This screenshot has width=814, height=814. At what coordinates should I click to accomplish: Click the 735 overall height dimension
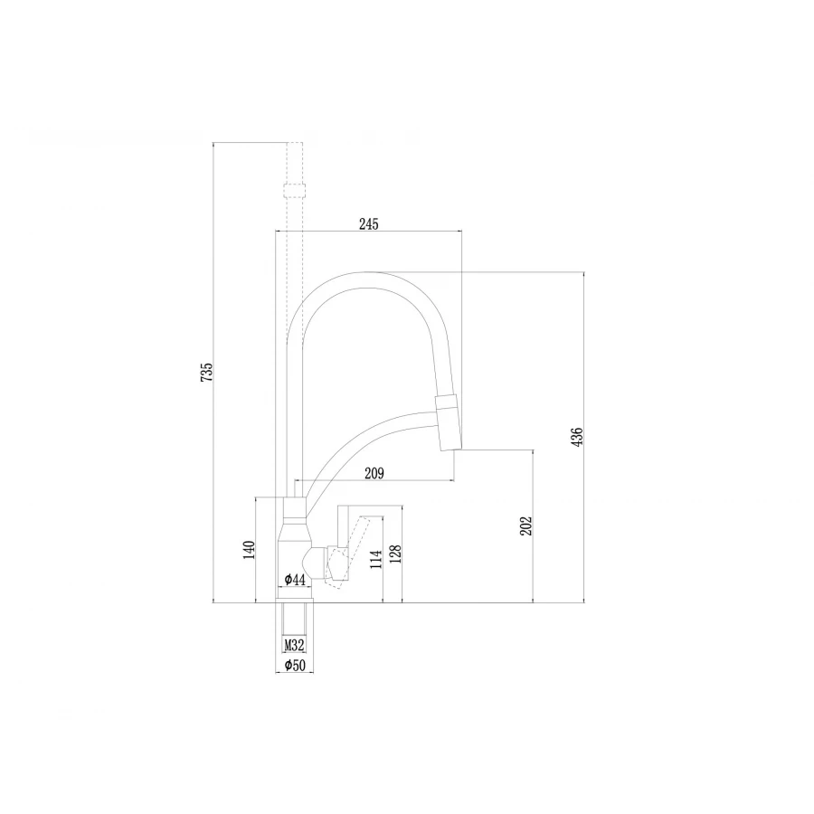(206, 371)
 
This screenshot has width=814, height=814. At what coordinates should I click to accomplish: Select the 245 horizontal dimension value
(368, 223)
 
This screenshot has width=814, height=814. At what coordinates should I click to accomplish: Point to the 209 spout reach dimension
(374, 472)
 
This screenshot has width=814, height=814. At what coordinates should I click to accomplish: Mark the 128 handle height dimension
(395, 554)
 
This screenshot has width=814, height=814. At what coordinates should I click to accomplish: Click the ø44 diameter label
(295, 580)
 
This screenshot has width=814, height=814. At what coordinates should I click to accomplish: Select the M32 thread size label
(294, 646)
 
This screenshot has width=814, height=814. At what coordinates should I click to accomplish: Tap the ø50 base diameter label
(294, 666)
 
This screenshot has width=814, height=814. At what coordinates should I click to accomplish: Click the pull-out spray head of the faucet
(449, 422)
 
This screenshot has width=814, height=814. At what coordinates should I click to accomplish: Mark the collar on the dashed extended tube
(294, 191)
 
